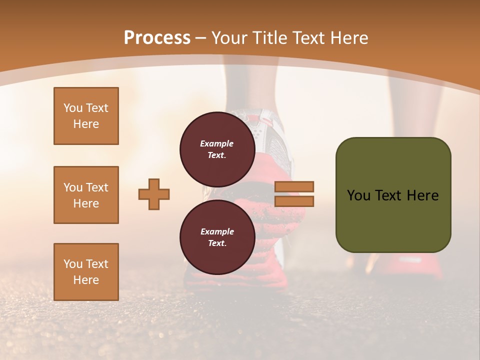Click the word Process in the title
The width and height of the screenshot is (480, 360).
coord(157,38)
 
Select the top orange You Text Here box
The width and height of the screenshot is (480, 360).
coord(86,116)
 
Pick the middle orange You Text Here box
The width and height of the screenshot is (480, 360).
coord(86,195)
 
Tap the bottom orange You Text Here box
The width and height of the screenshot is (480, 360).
coord(86,271)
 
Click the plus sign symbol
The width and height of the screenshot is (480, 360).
coord(154,194)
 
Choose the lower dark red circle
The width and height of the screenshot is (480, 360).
coord(217,237)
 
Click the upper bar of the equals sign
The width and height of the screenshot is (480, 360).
coord(294,186)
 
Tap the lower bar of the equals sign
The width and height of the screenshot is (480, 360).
coord(294,201)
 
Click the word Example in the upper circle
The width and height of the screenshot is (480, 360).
coord(217,143)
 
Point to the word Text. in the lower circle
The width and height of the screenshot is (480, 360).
coord(217,243)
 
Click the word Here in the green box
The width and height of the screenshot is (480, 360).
coord(422,195)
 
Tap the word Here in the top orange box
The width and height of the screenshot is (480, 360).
coord(86,124)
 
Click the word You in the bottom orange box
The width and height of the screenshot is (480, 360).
coord(73,263)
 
